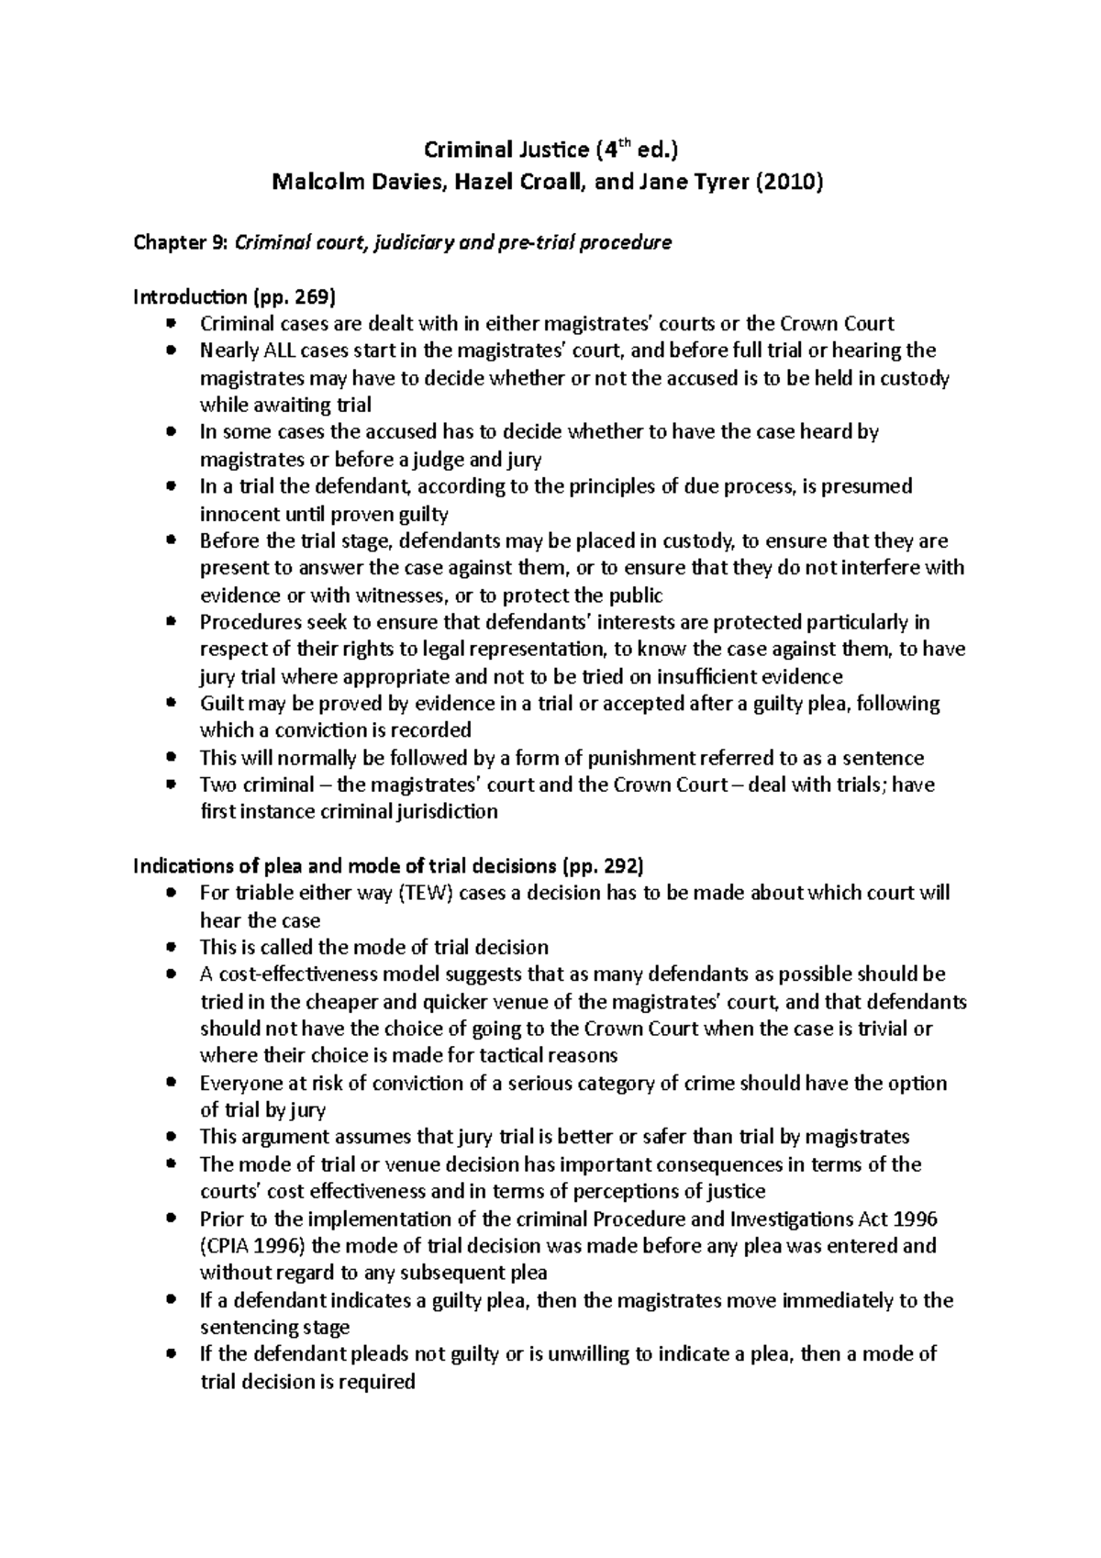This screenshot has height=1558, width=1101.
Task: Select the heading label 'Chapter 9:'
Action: click(182, 242)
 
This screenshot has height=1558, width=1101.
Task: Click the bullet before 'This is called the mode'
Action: click(172, 947)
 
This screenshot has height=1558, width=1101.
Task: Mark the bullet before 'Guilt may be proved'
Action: click(172, 703)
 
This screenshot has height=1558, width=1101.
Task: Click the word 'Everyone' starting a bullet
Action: click(241, 1083)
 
